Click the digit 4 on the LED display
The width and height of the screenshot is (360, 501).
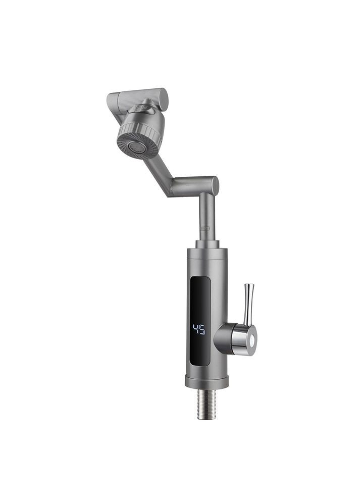[x=195, y=329]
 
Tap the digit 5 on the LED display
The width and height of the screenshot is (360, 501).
[x=201, y=329]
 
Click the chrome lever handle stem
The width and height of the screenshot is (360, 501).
[x=247, y=304]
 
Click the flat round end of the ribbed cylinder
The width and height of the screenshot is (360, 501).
[x=164, y=98]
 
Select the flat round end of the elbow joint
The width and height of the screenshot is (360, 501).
[x=215, y=186]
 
